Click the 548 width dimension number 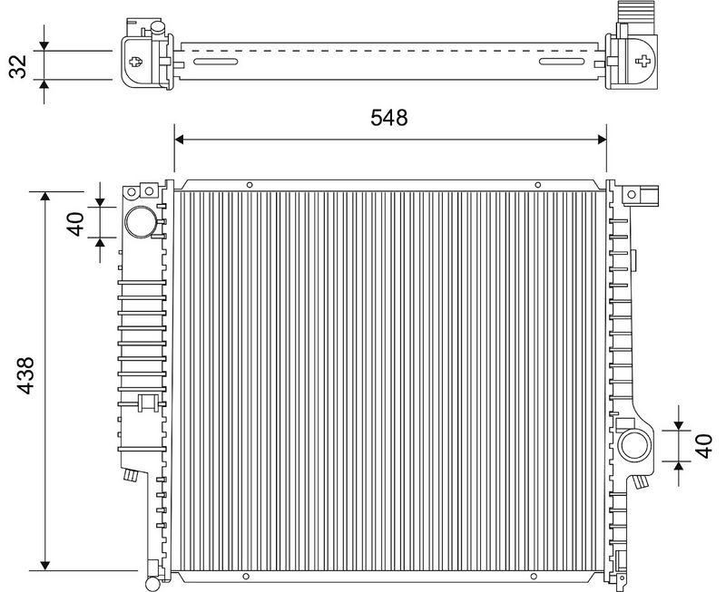(389, 118)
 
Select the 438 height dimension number (25, 375)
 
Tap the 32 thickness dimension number (18, 66)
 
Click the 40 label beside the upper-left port (76, 224)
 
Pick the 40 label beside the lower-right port (704, 446)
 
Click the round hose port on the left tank (140, 222)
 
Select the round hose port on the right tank (634, 445)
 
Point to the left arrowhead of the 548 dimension (179, 140)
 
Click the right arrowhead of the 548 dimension (602, 140)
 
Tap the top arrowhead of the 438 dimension (44, 196)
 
